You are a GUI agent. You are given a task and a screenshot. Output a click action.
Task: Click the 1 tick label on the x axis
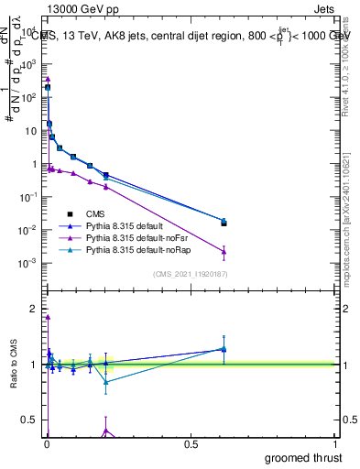click(x=336, y=443)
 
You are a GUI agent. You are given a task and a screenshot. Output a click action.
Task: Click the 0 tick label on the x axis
click(x=46, y=443)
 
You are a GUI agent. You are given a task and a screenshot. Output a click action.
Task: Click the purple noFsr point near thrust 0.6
click(x=224, y=252)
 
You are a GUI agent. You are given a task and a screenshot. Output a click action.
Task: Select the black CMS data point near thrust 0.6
click(x=224, y=223)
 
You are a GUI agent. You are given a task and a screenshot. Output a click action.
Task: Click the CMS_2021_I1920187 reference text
click(x=188, y=274)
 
